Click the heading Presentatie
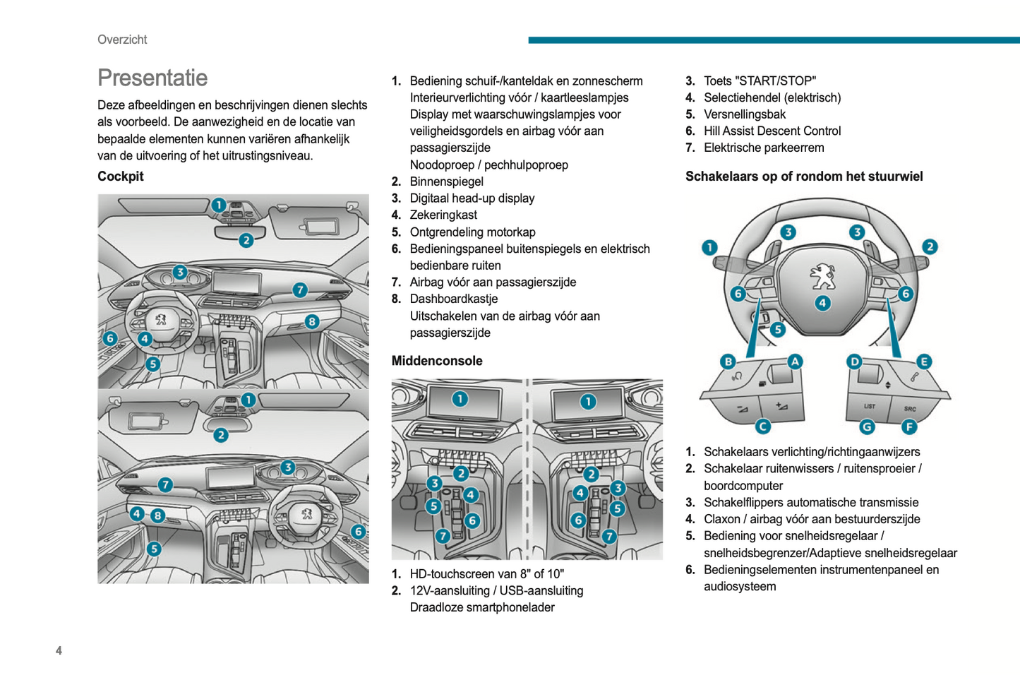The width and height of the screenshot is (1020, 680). pyautogui.click(x=152, y=78)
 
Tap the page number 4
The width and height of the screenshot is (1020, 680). pyautogui.click(x=59, y=650)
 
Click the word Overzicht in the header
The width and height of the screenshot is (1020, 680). pyautogui.click(x=122, y=40)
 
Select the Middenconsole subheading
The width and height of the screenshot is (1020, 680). pyautogui.click(x=437, y=361)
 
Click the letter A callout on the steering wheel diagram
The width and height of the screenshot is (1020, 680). pyautogui.click(x=795, y=362)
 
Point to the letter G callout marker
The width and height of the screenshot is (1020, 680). pyautogui.click(x=867, y=427)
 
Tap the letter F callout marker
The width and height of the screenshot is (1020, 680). pyautogui.click(x=909, y=427)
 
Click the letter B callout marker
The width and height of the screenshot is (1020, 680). pyautogui.click(x=728, y=362)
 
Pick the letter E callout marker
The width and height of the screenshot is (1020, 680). pyautogui.click(x=923, y=362)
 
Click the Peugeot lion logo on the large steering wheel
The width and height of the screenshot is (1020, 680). pyautogui.click(x=822, y=275)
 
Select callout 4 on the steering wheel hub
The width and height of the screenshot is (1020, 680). pyautogui.click(x=822, y=303)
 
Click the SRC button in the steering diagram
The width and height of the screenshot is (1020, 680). pyautogui.click(x=910, y=408)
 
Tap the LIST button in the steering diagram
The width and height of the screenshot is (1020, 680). pyautogui.click(x=869, y=406)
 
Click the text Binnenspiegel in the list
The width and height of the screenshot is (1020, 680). pyautogui.click(x=446, y=181)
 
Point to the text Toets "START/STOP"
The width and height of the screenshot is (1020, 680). pyautogui.click(x=760, y=80)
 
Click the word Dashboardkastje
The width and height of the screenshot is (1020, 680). pyautogui.click(x=453, y=299)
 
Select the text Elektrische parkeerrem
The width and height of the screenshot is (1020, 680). pyautogui.click(x=764, y=148)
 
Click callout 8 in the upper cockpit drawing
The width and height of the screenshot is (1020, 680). pyautogui.click(x=312, y=322)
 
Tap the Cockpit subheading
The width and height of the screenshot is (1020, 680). pyautogui.click(x=121, y=177)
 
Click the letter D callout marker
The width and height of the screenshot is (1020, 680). pyautogui.click(x=855, y=362)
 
